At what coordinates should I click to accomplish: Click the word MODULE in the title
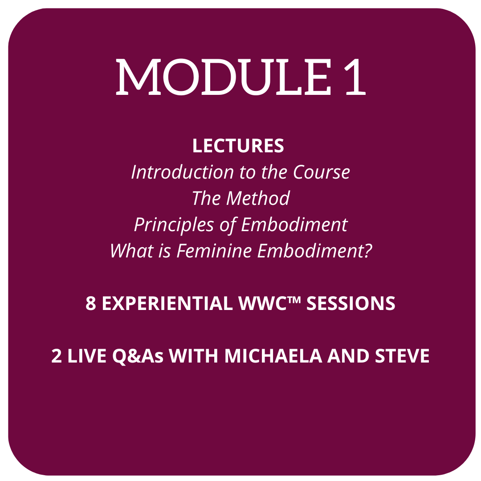[x=224, y=77]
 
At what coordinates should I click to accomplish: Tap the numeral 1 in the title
[x=355, y=77]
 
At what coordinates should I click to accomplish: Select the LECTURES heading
[x=238, y=146]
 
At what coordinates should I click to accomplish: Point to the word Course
[x=322, y=172]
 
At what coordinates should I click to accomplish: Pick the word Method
[x=258, y=198]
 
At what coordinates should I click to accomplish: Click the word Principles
[x=174, y=225]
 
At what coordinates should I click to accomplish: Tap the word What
[x=131, y=251]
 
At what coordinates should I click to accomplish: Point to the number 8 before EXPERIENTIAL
[x=90, y=303]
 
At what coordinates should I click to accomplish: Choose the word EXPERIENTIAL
[x=167, y=303]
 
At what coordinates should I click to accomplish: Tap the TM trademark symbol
[x=294, y=299]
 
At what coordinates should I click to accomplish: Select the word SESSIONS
[x=351, y=303]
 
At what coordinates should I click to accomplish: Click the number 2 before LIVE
[x=56, y=356]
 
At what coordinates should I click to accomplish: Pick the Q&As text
[x=138, y=356]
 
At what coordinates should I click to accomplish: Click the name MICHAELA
[x=273, y=356]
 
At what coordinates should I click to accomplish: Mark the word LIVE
[x=87, y=356]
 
